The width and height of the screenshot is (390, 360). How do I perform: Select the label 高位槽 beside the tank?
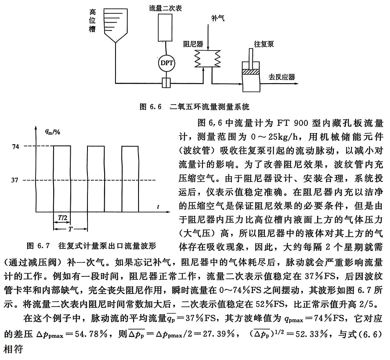tap(93, 20)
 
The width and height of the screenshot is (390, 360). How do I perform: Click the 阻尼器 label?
tap(193, 43)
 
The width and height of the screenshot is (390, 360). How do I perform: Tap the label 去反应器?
tap(282, 77)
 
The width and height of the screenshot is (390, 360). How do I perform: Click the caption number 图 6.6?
tap(150, 107)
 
